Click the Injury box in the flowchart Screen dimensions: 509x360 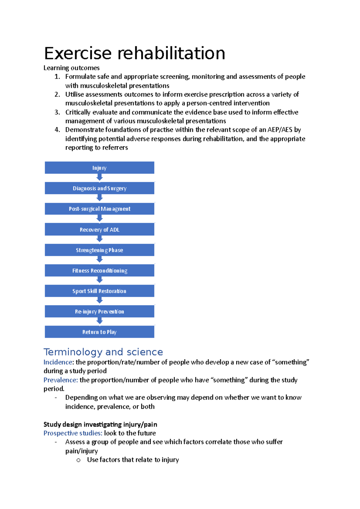[99, 168]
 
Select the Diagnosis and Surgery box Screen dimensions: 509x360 [99, 188]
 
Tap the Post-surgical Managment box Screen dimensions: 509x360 [99, 209]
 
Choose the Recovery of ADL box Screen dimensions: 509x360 [99, 230]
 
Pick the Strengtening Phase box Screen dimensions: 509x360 [99, 250]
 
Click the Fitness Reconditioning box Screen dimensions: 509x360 [99, 271]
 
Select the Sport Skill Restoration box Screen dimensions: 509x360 [99, 291]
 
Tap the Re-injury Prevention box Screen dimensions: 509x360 [99, 311]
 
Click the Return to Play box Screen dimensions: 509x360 [99, 332]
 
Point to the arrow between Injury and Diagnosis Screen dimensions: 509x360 [100, 178]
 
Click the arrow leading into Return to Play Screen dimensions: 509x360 [100, 321]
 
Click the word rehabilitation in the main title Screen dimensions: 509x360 [171, 53]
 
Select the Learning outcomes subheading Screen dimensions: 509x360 [71, 68]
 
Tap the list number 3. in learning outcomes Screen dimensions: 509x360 [57, 112]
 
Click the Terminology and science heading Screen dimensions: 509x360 [103, 352]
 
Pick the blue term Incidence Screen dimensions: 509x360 [58, 362]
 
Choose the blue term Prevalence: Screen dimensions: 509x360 [61, 380]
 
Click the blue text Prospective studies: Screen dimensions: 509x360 [73, 433]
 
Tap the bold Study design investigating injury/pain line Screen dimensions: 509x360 [100, 424]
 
